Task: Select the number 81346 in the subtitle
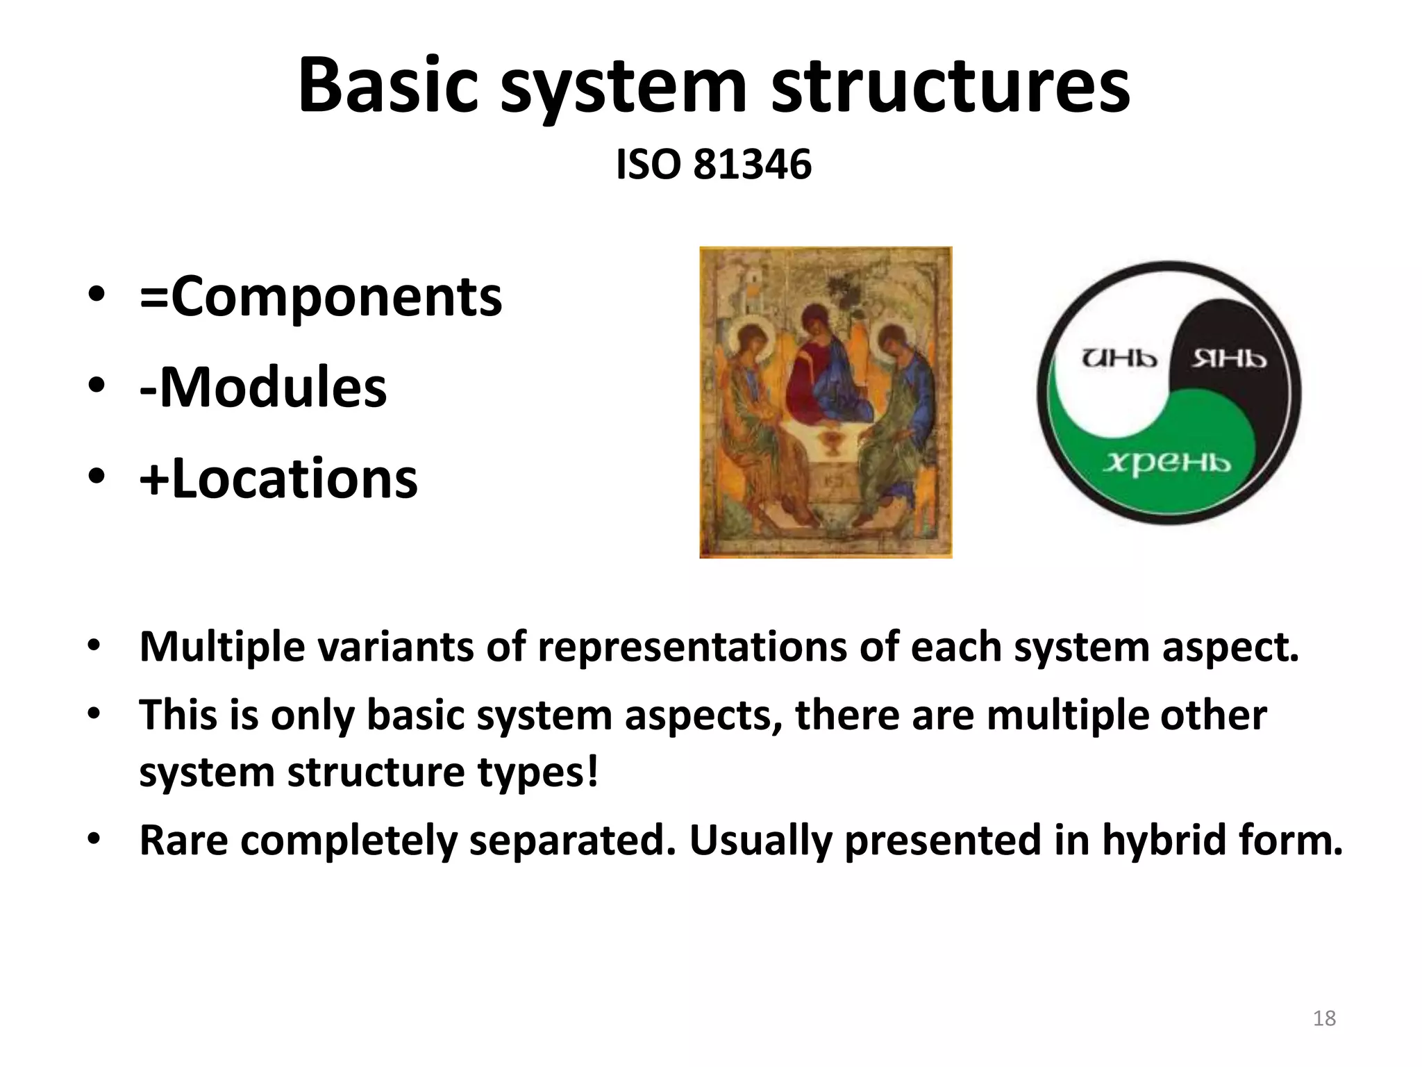pyautogui.click(x=753, y=165)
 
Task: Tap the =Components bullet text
pyautogui.click(x=320, y=297)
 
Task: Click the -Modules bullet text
pyautogui.click(x=262, y=388)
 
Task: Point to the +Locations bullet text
pyautogui.click(x=278, y=479)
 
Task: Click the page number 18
pyautogui.click(x=1324, y=1018)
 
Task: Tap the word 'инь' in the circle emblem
pyautogui.click(x=1119, y=358)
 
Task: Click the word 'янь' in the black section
pyautogui.click(x=1229, y=358)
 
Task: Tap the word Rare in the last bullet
pyautogui.click(x=183, y=841)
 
